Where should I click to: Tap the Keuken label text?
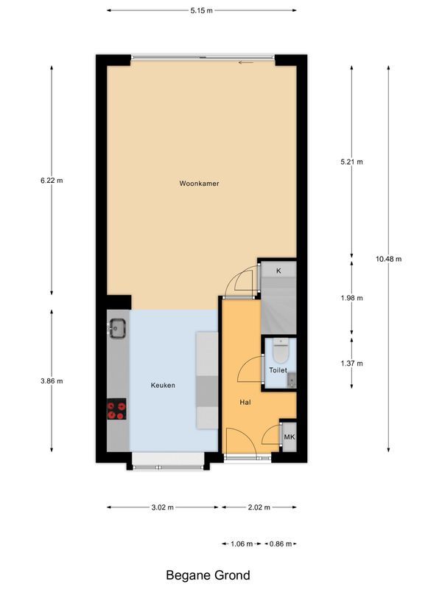(163, 385)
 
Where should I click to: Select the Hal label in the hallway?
(246, 403)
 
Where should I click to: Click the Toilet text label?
(278, 370)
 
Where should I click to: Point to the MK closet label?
(289, 437)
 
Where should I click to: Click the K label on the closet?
(278, 271)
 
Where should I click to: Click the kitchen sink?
(117, 327)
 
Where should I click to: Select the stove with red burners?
(116, 409)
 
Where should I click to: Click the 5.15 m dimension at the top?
(201, 10)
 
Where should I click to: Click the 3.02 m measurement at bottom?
(162, 507)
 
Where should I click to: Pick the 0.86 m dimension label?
(278, 544)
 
